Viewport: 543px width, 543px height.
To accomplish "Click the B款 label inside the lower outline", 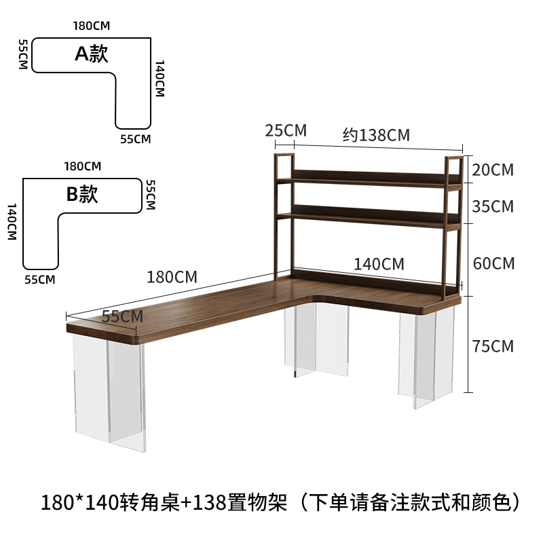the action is pyautogui.click(x=82, y=194).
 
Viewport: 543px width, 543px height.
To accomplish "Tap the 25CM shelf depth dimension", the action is pyautogui.click(x=286, y=130).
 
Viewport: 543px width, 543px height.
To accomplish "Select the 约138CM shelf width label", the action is pyautogui.click(x=376, y=135).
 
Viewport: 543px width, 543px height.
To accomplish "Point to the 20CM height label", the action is pyautogui.click(x=493, y=170).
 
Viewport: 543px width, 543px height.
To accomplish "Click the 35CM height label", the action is pyautogui.click(x=493, y=206).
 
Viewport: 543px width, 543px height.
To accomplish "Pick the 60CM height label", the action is pyautogui.click(x=493, y=263).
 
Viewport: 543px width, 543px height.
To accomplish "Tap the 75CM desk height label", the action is pyautogui.click(x=493, y=346).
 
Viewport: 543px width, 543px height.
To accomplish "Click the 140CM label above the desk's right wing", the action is pyautogui.click(x=379, y=264).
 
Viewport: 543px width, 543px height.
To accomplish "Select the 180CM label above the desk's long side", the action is pyautogui.click(x=172, y=277).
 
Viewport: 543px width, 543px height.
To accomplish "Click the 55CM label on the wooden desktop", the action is pyautogui.click(x=122, y=316).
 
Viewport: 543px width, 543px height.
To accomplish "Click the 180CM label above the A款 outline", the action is pyautogui.click(x=92, y=26).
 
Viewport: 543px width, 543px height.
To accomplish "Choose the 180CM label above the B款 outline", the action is pyautogui.click(x=83, y=166).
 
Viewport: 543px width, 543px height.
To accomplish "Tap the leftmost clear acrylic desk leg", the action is pyautogui.click(x=109, y=394).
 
